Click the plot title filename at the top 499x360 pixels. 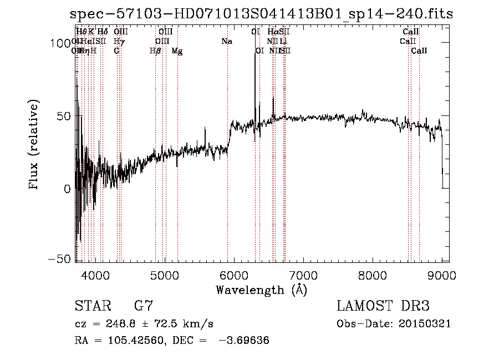point(261,14)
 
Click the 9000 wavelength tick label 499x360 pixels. point(441,275)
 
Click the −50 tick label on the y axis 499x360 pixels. point(60,260)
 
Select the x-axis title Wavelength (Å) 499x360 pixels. point(261,290)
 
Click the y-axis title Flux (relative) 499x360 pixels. point(34,146)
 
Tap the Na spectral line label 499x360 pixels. point(226,41)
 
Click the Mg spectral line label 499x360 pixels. point(177,51)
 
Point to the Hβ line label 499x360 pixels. point(155,51)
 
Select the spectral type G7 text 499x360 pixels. point(144,307)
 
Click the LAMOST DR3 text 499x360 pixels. point(383,307)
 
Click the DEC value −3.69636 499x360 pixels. point(245,341)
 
